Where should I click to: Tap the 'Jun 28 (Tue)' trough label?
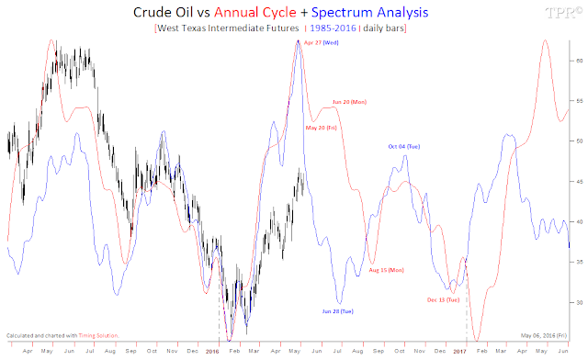[336, 311]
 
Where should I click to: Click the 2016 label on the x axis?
[212, 351]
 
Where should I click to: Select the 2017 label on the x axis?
[459, 351]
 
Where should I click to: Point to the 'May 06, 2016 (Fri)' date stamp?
[544, 334]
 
